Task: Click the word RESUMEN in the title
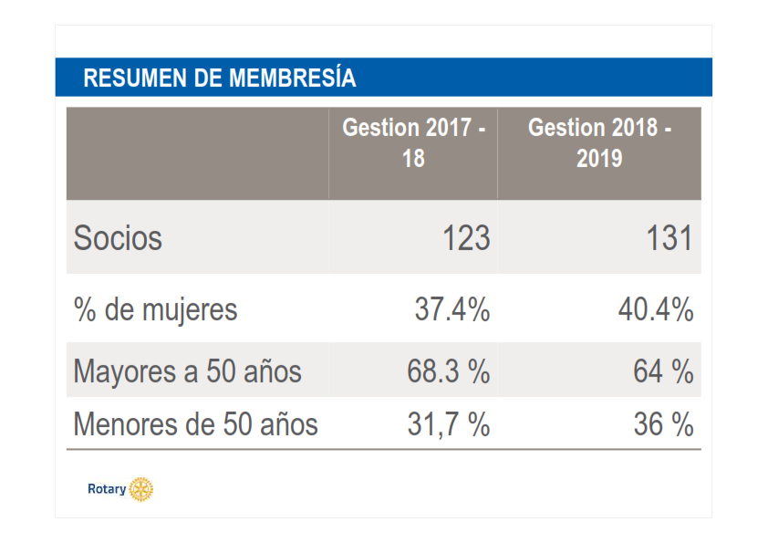point(135,78)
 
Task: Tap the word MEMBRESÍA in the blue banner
point(293,77)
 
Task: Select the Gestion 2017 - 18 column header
point(413,142)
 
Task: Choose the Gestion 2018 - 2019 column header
point(599,142)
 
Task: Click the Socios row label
point(118,238)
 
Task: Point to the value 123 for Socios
point(466,238)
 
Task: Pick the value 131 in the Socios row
point(669,238)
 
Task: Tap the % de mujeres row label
point(155,310)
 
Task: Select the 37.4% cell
point(452,309)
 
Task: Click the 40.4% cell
point(656,309)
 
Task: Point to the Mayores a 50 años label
point(187,371)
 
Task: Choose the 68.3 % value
point(448,371)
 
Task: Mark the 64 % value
point(663,371)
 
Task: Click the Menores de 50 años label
point(195,424)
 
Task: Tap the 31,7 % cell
point(448,424)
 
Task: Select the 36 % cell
point(663,424)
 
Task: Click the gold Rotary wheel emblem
point(141,489)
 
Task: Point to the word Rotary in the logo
point(107,489)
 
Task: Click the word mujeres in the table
point(190,311)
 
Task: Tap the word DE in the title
point(208,78)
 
